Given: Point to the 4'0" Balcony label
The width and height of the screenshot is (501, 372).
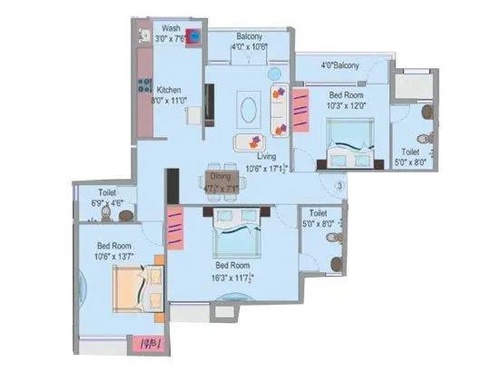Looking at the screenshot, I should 340,65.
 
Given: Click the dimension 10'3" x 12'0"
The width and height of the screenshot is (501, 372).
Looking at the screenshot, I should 346,104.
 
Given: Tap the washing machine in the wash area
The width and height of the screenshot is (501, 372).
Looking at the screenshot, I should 192,41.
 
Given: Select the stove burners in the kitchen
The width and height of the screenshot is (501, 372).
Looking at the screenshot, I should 143,88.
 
